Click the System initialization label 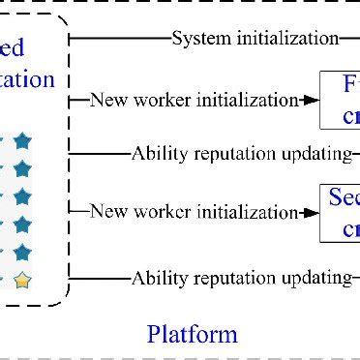click(255, 39)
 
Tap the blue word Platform click(192, 335)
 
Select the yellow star click(22, 281)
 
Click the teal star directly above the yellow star click(22, 253)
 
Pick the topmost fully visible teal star click(22, 141)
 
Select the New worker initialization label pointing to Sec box click(195, 211)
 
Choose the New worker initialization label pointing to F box click(195, 99)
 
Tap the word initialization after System click(282, 39)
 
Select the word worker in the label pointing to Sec click(168, 211)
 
